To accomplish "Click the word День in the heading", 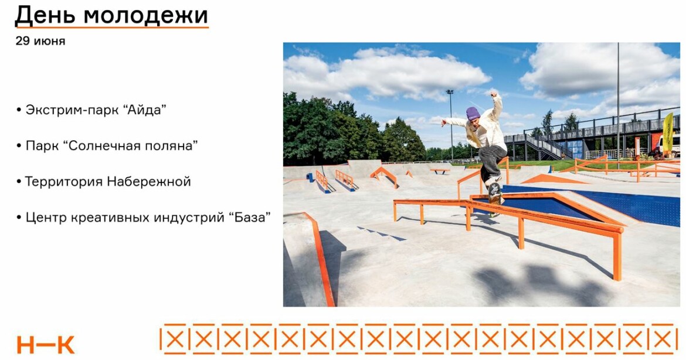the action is coord(45,15).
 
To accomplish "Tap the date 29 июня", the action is coord(40,41).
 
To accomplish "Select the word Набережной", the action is coord(149,182).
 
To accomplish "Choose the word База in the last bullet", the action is coord(249,217).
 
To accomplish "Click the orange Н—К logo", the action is coord(46,345).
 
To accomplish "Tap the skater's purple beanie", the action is coord(473,113).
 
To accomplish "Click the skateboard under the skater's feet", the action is coord(494,198).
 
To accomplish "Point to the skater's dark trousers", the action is coord(492,161).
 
